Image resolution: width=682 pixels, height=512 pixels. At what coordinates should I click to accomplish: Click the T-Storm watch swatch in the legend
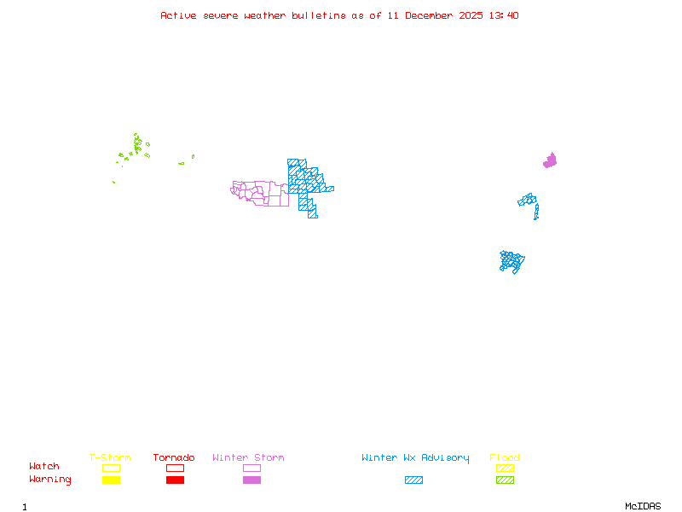[x=111, y=468]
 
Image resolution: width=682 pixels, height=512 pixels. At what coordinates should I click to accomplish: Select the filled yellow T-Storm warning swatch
[x=111, y=480]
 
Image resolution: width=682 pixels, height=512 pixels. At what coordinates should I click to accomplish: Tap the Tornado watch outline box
[x=175, y=468]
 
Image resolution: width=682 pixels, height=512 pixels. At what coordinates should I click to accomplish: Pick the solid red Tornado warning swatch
[x=175, y=480]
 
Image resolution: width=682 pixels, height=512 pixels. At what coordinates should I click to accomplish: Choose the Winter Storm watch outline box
[x=251, y=468]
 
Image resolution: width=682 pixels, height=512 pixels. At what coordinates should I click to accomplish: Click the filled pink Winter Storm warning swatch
[x=251, y=480]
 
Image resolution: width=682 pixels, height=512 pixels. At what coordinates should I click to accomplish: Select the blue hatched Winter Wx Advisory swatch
[x=413, y=480]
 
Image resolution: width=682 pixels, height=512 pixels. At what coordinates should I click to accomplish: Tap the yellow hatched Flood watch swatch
[x=505, y=468]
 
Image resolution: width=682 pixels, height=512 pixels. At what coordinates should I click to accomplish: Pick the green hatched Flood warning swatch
[x=505, y=480]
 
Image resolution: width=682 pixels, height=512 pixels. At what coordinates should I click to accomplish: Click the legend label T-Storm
[x=110, y=457]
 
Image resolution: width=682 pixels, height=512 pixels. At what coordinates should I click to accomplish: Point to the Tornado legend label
[x=174, y=457]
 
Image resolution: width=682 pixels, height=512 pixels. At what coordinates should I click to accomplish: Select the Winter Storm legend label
[x=248, y=457]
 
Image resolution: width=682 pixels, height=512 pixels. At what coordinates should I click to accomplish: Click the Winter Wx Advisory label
[x=415, y=457]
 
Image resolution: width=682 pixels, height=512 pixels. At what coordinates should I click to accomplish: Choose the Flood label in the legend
[x=505, y=457]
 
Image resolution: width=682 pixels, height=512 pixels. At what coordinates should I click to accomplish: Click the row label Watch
[x=44, y=467]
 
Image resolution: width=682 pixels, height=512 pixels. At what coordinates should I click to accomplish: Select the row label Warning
[x=50, y=480]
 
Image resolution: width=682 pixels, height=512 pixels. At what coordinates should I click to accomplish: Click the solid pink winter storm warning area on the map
[x=550, y=160]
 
